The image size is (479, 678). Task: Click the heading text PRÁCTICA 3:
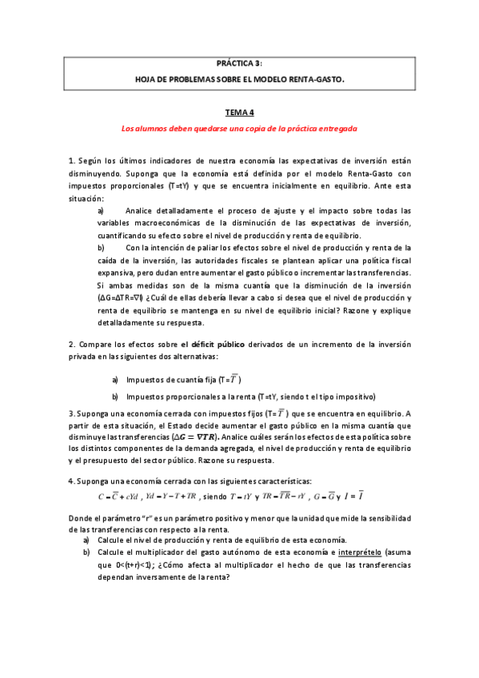coord(239,62)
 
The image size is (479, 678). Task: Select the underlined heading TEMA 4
coord(238,114)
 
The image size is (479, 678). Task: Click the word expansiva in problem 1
coord(118,261)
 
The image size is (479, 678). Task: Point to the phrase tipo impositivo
coord(345,397)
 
